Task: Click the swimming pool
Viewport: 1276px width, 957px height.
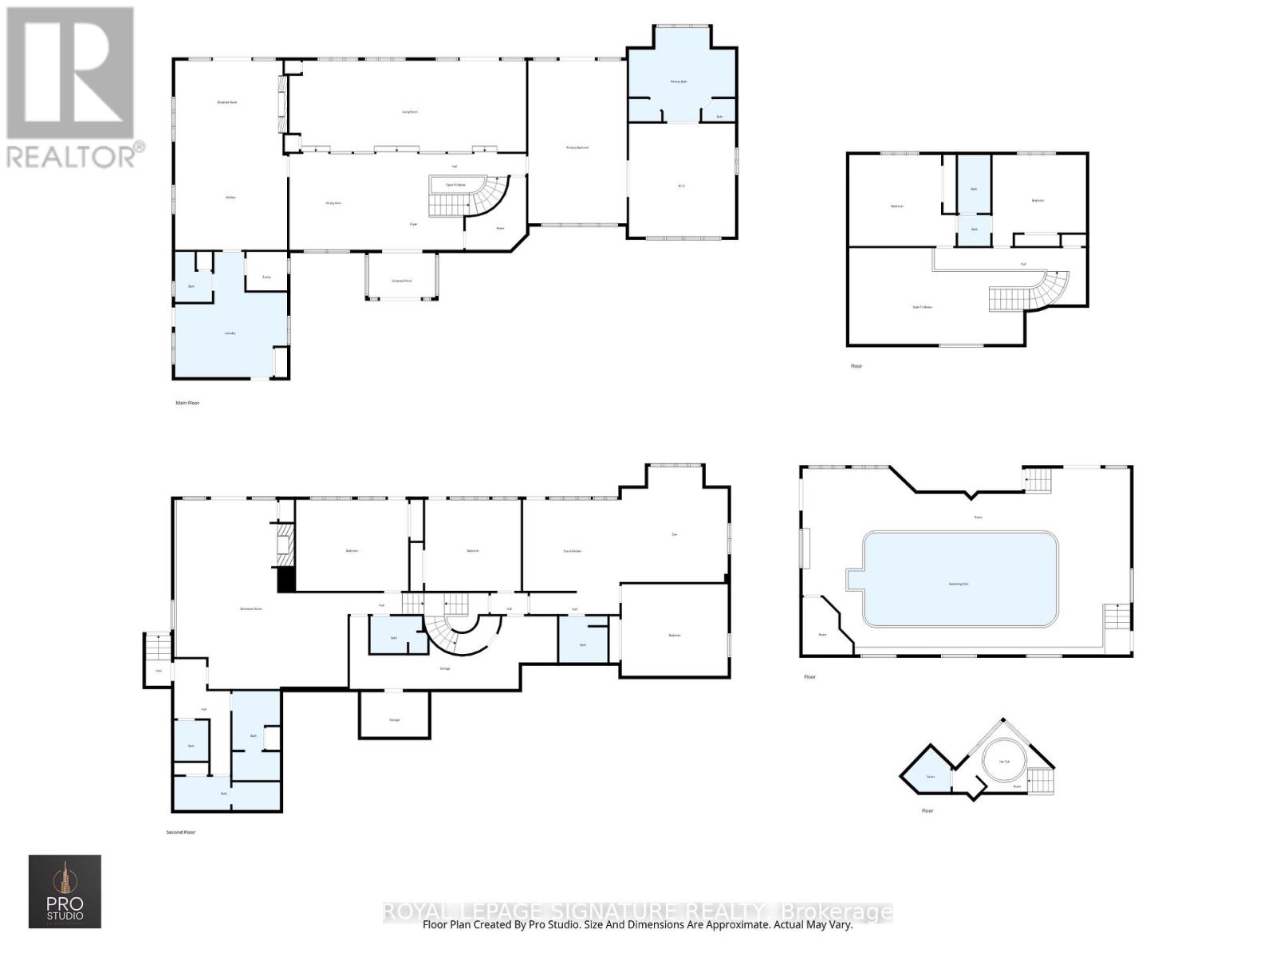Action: coord(960,580)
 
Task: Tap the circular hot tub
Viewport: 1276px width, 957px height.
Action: coord(1004,760)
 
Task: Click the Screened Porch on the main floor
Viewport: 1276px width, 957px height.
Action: coord(401,280)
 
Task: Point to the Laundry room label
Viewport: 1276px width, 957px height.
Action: coord(230,333)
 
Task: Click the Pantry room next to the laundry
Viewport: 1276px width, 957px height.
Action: coord(266,276)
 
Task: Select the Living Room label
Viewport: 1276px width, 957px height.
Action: coord(409,112)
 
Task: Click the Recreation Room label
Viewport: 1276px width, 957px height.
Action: coord(251,608)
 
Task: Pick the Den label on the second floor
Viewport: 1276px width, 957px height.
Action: coord(675,534)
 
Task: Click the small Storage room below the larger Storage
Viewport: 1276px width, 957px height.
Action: coord(394,719)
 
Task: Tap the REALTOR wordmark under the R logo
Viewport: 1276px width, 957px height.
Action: coord(76,155)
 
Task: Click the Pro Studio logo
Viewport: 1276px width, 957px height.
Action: coord(65,891)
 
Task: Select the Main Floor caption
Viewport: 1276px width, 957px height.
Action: coord(187,403)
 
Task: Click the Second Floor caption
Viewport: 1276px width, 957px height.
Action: coord(180,832)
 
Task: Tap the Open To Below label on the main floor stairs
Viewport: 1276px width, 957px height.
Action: coord(455,184)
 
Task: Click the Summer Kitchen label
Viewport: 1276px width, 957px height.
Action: coord(572,551)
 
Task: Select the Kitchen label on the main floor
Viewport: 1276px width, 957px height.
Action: coord(230,197)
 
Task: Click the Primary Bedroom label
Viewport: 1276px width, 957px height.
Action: coord(577,148)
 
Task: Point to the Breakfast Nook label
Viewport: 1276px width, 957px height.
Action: coord(227,102)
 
